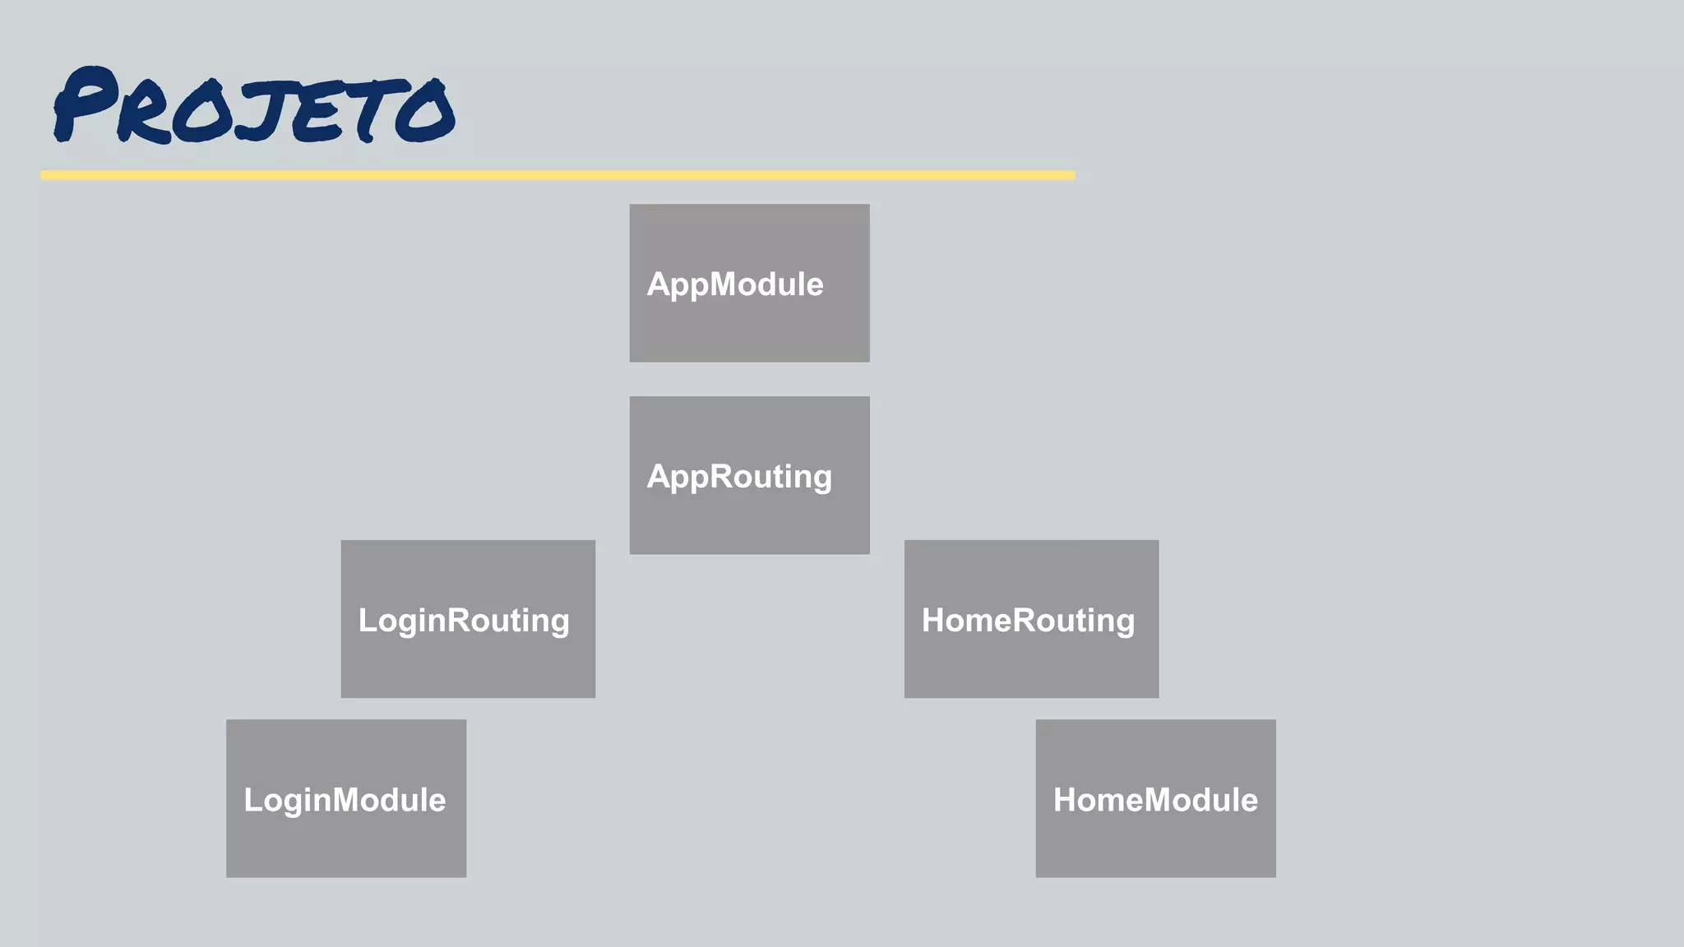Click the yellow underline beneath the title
(x=557, y=175)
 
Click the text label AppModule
(x=734, y=284)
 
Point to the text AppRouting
(x=738, y=478)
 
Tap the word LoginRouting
(x=464, y=621)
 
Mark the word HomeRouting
(x=1028, y=621)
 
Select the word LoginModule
(x=345, y=800)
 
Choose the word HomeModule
(x=1155, y=800)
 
